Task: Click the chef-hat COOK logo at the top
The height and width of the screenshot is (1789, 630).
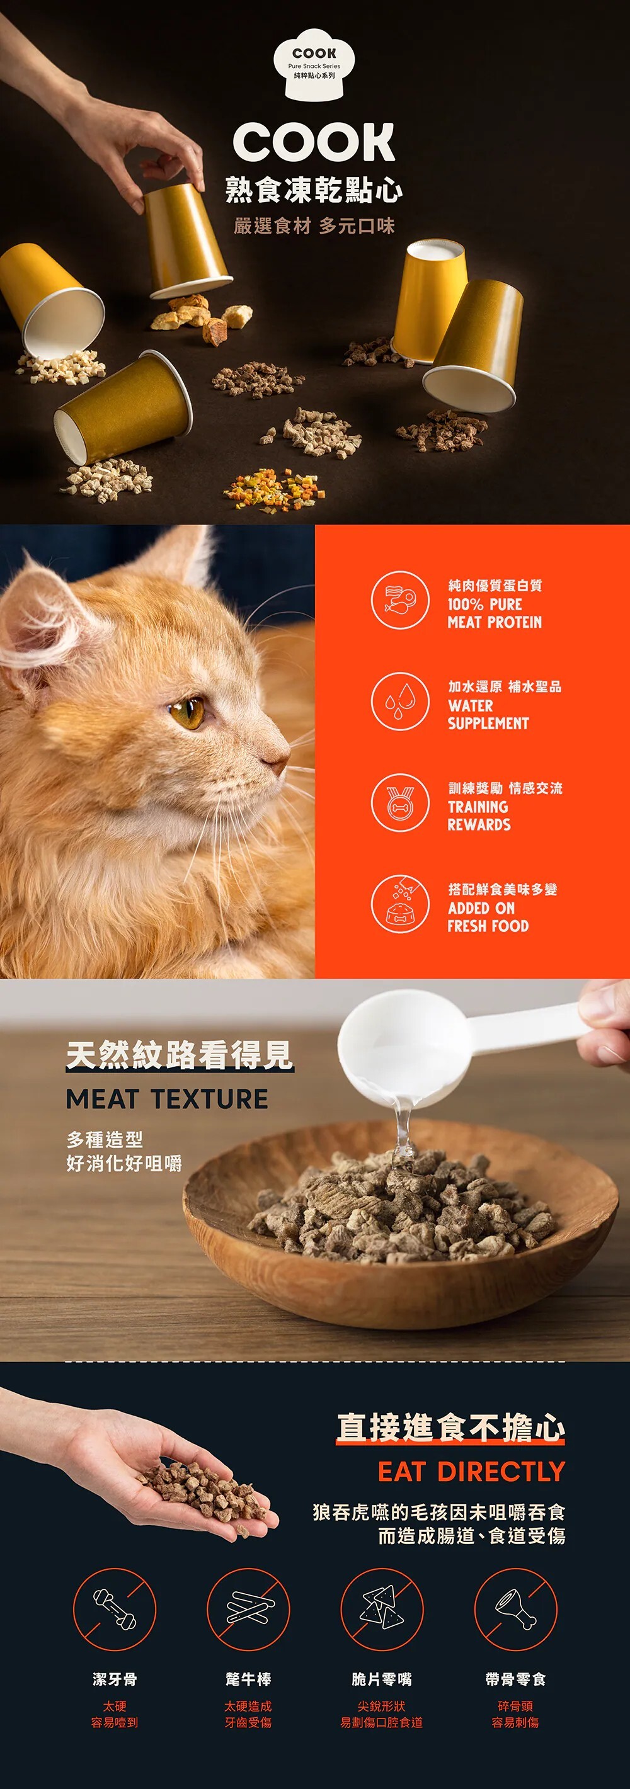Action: pos(314,62)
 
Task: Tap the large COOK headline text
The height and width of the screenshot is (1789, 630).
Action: pos(314,142)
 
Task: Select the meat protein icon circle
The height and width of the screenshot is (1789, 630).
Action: pos(400,600)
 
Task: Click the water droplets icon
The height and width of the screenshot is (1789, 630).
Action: pos(400,701)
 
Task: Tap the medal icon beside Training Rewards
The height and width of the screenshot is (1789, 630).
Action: pos(400,803)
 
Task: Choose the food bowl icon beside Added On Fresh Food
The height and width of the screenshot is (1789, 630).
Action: pos(400,904)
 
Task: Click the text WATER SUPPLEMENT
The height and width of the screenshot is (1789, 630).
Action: pos(488,715)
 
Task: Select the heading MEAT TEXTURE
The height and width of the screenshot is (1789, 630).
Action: pos(167,1099)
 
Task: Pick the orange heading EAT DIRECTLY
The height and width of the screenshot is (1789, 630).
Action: pos(471,1472)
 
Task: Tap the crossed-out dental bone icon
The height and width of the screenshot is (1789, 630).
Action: pos(115,1609)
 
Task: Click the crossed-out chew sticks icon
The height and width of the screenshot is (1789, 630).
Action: pos(248,1609)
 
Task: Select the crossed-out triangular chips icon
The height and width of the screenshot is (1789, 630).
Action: pos(382,1609)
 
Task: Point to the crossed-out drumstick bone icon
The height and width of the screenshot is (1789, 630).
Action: pos(515,1609)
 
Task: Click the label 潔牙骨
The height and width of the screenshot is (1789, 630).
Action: pos(115,1679)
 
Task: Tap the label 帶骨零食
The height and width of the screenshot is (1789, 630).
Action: pos(515,1679)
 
